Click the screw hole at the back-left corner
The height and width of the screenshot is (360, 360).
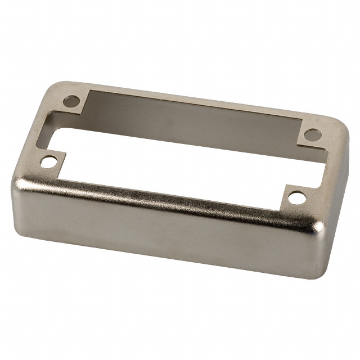click(x=71, y=102)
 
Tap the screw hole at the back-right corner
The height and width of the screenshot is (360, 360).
click(x=312, y=136)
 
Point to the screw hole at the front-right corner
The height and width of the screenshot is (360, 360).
click(x=295, y=198)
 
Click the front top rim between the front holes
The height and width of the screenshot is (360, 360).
click(x=169, y=191)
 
